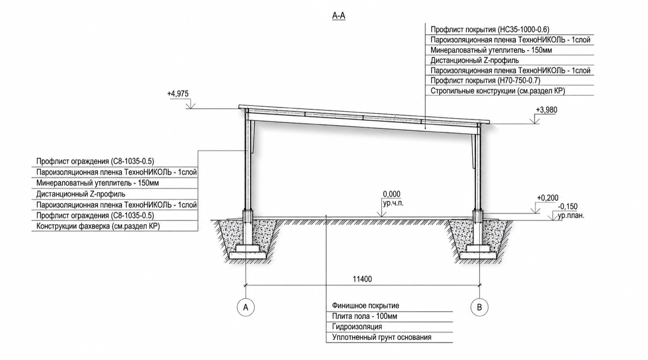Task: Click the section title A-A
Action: pyautogui.click(x=339, y=16)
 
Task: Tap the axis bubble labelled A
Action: pyautogui.click(x=245, y=307)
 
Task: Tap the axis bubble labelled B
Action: pyautogui.click(x=480, y=307)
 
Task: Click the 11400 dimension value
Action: pyautogui.click(x=362, y=279)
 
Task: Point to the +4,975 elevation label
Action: pyautogui.click(x=178, y=94)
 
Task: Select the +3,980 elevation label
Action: pyautogui.click(x=546, y=110)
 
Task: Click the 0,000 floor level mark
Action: pyautogui.click(x=392, y=194)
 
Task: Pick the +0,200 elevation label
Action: pyautogui.click(x=548, y=198)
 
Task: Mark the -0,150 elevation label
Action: pyautogui.click(x=567, y=207)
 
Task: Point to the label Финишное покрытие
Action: pyautogui.click(x=366, y=306)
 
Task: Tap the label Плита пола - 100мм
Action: pyautogui.click(x=365, y=316)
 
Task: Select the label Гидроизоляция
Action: pyautogui.click(x=357, y=327)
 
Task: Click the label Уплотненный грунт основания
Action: pyautogui.click(x=382, y=337)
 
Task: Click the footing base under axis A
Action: pyautogui.click(x=247, y=255)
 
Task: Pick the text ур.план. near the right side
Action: pyautogui.click(x=571, y=216)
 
